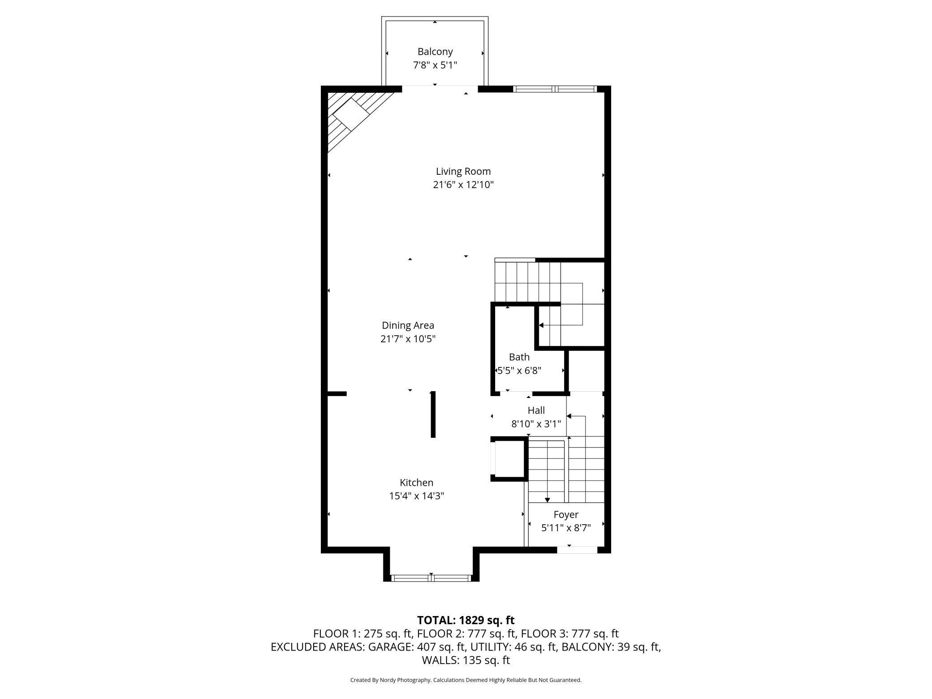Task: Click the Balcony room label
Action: click(435, 52)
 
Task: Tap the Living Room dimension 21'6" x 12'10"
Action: click(463, 185)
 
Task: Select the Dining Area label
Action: click(408, 325)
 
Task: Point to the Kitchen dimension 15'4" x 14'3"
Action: click(417, 496)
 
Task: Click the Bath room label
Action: click(519, 357)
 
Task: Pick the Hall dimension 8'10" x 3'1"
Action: click(536, 423)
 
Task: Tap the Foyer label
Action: click(566, 515)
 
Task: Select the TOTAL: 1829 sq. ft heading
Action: click(466, 620)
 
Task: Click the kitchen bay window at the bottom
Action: click(431, 578)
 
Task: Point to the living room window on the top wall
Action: click(555, 89)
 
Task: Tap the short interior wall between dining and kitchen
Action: click(433, 414)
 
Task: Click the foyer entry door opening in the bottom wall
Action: click(577, 550)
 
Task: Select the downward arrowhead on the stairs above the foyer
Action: click(547, 500)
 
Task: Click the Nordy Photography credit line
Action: click(466, 680)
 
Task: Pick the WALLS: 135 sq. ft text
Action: click(466, 660)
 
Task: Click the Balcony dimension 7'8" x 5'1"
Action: click(435, 65)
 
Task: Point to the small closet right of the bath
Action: click(587, 371)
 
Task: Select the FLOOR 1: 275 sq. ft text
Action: click(363, 634)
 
